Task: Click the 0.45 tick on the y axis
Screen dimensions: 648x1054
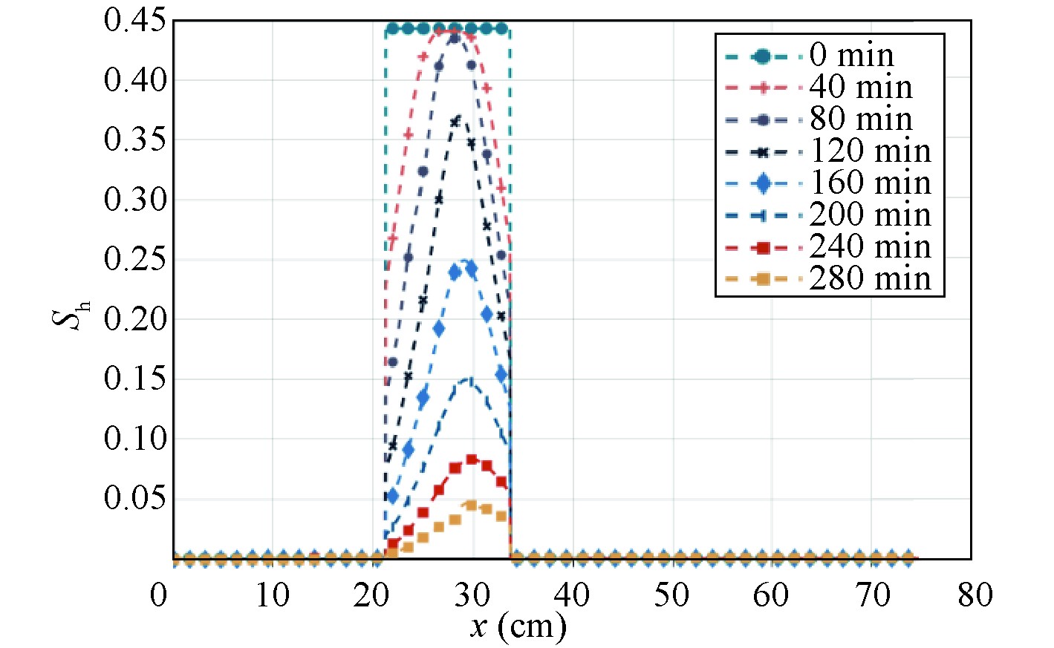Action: (134, 21)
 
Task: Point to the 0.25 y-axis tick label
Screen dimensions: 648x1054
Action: (134, 260)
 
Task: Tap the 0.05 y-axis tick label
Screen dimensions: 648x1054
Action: (134, 498)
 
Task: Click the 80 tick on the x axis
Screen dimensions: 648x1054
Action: (975, 595)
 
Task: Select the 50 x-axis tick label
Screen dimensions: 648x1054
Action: (671, 595)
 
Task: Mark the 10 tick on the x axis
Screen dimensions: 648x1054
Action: (272, 595)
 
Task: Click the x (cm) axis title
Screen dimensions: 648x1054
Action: (518, 627)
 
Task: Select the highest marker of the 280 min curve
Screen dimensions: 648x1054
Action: (470, 505)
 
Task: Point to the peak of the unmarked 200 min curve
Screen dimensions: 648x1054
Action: (469, 379)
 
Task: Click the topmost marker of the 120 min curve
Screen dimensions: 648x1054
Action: (455, 121)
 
